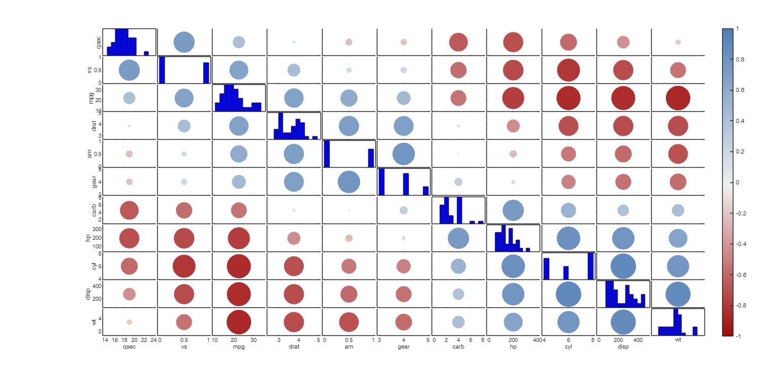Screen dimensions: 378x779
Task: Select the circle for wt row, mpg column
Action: pyautogui.click(x=239, y=322)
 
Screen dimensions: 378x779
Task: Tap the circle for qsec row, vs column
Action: pyautogui.click(x=184, y=42)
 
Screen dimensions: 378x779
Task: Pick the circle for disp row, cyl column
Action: pyautogui.click(x=568, y=294)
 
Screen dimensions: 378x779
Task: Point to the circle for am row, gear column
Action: pyautogui.click(x=403, y=154)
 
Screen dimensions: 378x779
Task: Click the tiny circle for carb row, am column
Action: pyautogui.click(x=348, y=210)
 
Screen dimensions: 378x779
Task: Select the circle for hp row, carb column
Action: pyautogui.click(x=458, y=238)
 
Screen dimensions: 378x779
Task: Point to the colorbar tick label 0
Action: pyautogui.click(x=737, y=182)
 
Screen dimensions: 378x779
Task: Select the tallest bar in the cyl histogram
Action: pyautogui.click(x=590, y=266)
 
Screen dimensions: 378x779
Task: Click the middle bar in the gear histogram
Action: pyautogui.click(x=406, y=184)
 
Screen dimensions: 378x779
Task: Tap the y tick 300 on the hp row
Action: pyautogui.click(x=96, y=229)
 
